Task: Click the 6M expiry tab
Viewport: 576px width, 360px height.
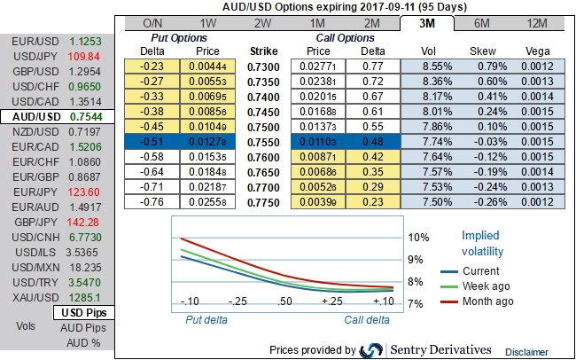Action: [x=482, y=22]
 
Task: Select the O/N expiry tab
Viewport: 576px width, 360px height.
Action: [x=153, y=22]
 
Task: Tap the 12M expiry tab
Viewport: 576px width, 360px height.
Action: [x=537, y=22]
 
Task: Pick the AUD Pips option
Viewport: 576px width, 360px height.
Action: [x=82, y=327]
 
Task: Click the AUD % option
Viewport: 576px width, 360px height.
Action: [x=82, y=342]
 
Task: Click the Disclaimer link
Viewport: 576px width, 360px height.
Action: [x=527, y=352]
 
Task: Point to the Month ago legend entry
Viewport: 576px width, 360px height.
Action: [x=488, y=301]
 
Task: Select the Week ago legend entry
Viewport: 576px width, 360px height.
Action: [x=487, y=286]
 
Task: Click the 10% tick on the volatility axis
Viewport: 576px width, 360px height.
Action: [x=417, y=238]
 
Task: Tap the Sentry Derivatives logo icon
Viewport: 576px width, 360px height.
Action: [x=373, y=350]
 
